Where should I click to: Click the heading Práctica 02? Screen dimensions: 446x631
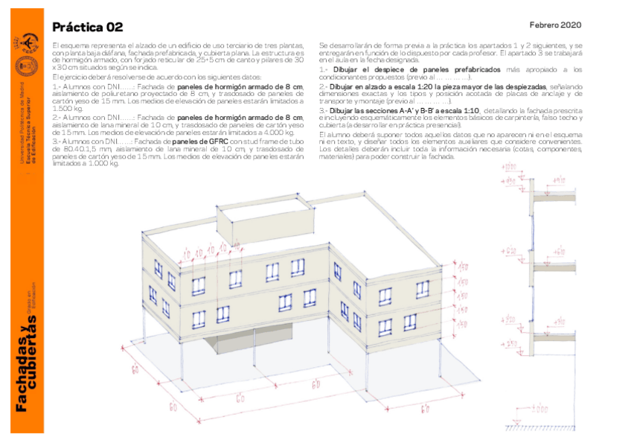click(87, 28)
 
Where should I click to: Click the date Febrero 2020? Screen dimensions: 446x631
click(556, 24)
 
